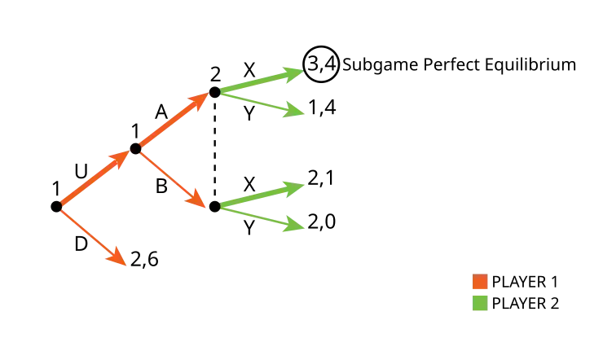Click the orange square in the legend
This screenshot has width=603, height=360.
pos(480,282)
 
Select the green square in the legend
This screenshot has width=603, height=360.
pos(480,303)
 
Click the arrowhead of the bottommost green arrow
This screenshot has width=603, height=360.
pos(295,226)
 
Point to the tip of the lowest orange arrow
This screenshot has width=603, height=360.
pos(121,260)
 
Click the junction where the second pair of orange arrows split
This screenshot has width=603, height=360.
pos(139,148)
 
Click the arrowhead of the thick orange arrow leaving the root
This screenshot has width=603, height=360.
pos(122,157)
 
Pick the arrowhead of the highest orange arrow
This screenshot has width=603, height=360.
pos(200,100)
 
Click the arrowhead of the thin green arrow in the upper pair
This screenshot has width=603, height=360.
pos(295,111)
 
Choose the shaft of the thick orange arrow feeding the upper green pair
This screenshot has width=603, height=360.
pos(167,125)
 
